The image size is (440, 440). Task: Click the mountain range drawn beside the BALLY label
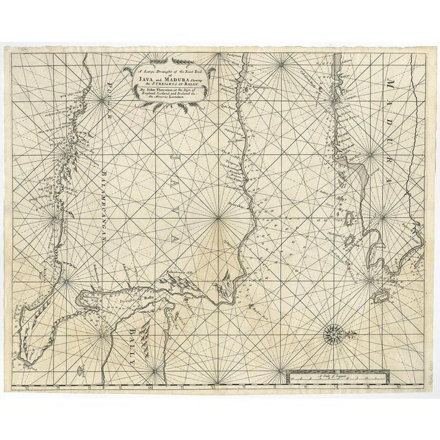pyautogui.click(x=145, y=335)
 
